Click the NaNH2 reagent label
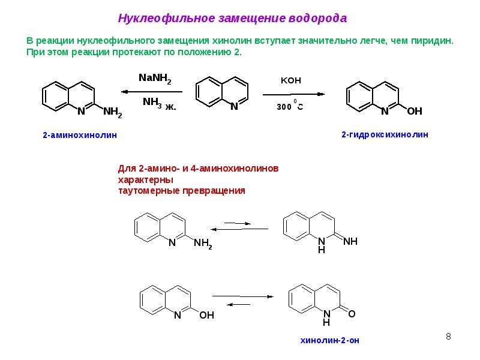[x=155, y=79]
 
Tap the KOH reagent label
[x=291, y=80]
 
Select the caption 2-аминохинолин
[x=80, y=135]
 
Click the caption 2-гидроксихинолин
[x=385, y=134]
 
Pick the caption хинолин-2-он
[x=329, y=340]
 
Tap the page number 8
[x=448, y=337]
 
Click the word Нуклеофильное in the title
[x=167, y=19]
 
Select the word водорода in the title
[x=318, y=19]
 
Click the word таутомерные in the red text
[x=149, y=191]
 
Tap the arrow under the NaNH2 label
[x=152, y=92]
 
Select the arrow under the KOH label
[x=294, y=94]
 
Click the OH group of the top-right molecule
[x=415, y=111]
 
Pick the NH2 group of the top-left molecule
[x=113, y=112]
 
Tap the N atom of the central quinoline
[x=234, y=106]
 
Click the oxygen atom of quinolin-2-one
[x=352, y=314]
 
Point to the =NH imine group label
[x=350, y=242]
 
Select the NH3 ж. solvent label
[x=160, y=103]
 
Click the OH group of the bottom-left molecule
[x=206, y=315]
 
